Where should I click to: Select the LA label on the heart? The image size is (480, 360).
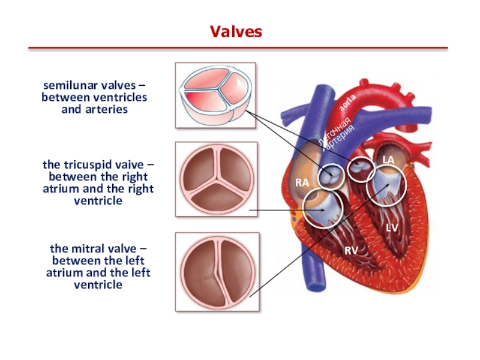(389, 160)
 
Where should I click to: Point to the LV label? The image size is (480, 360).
(392, 227)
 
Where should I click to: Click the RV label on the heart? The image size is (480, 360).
(351, 248)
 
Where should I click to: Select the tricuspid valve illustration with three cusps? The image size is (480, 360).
(216, 179)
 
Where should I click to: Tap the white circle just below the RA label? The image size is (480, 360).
(324, 208)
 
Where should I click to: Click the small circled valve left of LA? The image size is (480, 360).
(362, 169)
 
